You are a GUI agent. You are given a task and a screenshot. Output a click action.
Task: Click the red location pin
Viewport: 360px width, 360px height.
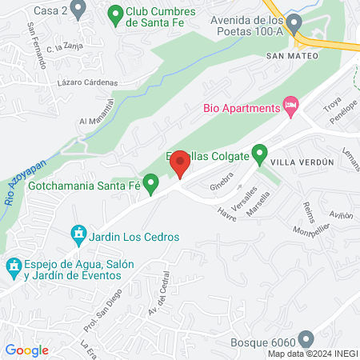(x=180, y=163)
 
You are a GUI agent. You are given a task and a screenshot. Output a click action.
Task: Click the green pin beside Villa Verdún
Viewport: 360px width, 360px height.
(x=259, y=152)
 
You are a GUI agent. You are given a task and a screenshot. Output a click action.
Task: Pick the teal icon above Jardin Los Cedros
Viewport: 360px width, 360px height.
(x=78, y=234)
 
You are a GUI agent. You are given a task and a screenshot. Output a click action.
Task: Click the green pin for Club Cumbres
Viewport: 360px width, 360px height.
(x=114, y=13)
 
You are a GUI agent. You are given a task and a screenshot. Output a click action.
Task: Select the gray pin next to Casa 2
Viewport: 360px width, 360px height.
(x=78, y=10)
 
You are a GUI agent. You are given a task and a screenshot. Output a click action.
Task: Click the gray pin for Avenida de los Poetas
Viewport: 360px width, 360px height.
(x=294, y=22)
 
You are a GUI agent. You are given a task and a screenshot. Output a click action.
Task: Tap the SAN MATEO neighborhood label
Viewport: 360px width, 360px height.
(x=292, y=56)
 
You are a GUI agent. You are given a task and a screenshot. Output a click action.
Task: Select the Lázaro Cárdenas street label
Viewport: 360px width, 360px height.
(x=88, y=82)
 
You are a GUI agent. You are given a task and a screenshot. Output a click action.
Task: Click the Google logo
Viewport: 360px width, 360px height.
(x=26, y=350)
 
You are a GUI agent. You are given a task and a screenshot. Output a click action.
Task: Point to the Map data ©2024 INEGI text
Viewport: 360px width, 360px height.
(x=313, y=354)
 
